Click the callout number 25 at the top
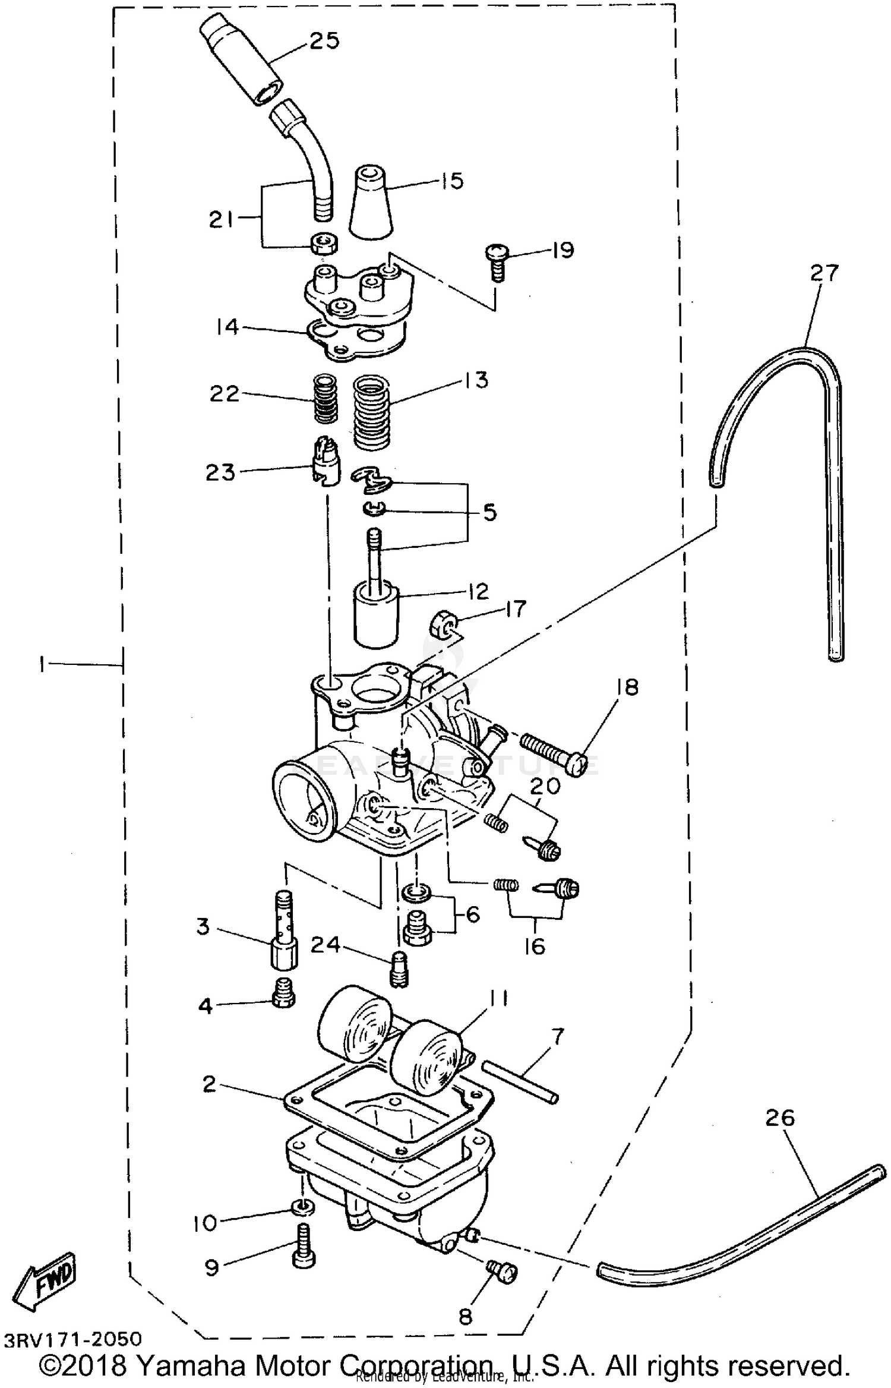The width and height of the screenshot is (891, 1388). click(324, 42)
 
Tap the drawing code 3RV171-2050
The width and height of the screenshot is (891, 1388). click(74, 1339)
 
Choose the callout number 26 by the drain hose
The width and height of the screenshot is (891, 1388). click(779, 1118)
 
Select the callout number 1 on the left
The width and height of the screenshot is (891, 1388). click(42, 664)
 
